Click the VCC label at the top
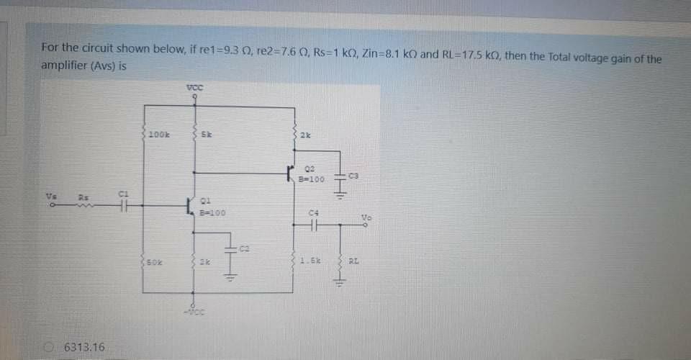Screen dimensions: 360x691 194,87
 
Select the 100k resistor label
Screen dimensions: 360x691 159,135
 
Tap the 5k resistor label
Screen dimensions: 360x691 205,135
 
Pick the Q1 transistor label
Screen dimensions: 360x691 204,202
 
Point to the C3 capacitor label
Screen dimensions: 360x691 353,175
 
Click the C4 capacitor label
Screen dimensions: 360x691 312,212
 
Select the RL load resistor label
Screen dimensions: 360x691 353,261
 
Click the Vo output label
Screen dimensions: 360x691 367,216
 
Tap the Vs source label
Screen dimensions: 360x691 50,196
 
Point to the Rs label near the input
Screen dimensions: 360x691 83,196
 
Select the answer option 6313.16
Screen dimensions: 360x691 85,348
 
